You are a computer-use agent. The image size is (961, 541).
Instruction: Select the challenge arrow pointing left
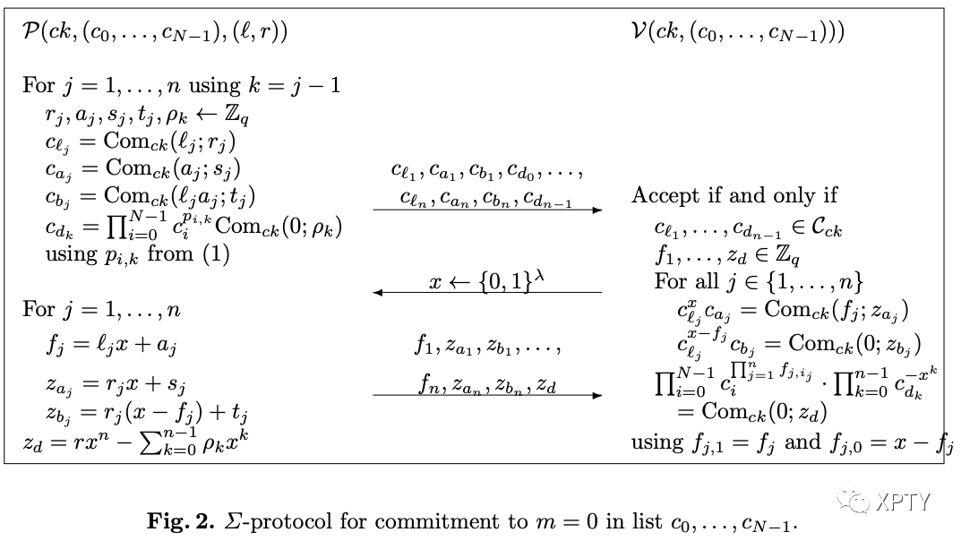tap(487, 292)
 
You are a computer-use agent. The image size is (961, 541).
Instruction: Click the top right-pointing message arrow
tap(487, 210)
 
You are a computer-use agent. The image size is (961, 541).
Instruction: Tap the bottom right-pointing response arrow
tap(487, 395)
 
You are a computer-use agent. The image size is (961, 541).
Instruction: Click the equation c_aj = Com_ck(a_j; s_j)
tap(142, 167)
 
